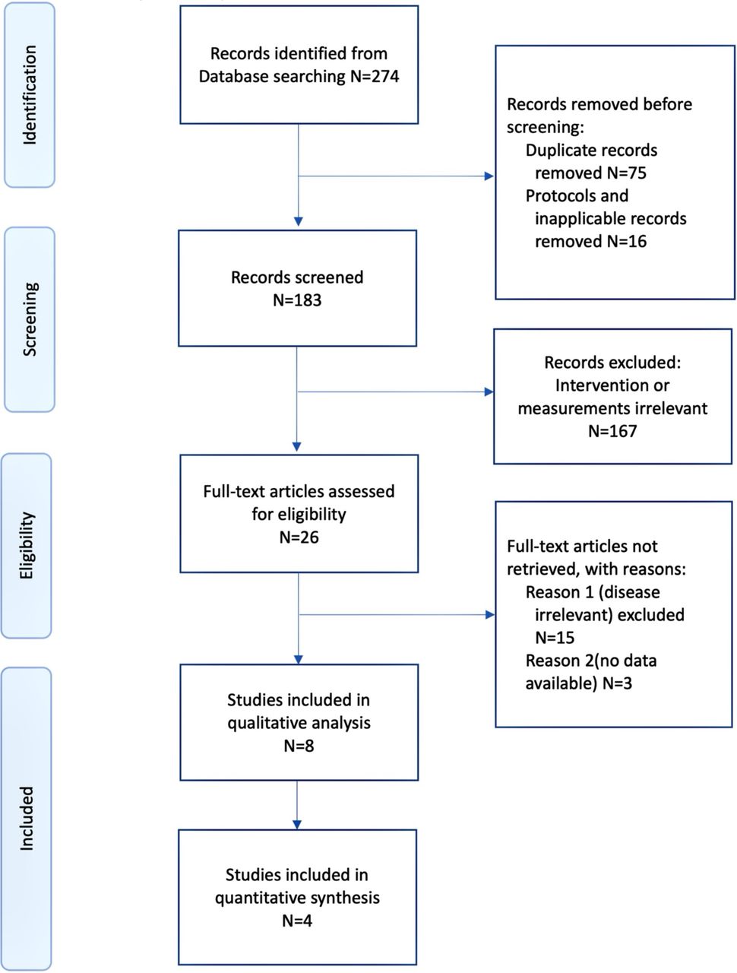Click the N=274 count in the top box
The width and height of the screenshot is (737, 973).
(x=375, y=76)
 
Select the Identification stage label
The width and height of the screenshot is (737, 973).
(x=29, y=95)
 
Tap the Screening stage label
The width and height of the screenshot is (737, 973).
(x=30, y=319)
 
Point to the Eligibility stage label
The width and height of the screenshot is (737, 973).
(x=27, y=545)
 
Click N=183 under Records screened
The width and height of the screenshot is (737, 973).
(x=297, y=300)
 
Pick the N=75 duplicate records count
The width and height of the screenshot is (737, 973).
(x=627, y=173)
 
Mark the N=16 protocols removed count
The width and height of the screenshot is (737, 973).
(x=627, y=241)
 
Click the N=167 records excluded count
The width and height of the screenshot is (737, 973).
(x=612, y=431)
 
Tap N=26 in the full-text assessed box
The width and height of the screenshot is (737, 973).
(x=299, y=537)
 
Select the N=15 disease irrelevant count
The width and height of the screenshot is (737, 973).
(x=555, y=638)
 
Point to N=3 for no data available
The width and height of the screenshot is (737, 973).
(x=618, y=683)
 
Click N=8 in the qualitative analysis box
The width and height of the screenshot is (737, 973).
(x=299, y=746)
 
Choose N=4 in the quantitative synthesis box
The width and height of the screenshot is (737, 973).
(x=297, y=921)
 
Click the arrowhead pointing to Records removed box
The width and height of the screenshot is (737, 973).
(x=489, y=176)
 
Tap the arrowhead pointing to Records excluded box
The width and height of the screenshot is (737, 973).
(x=489, y=391)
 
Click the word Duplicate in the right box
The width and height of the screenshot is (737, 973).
(x=553, y=151)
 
